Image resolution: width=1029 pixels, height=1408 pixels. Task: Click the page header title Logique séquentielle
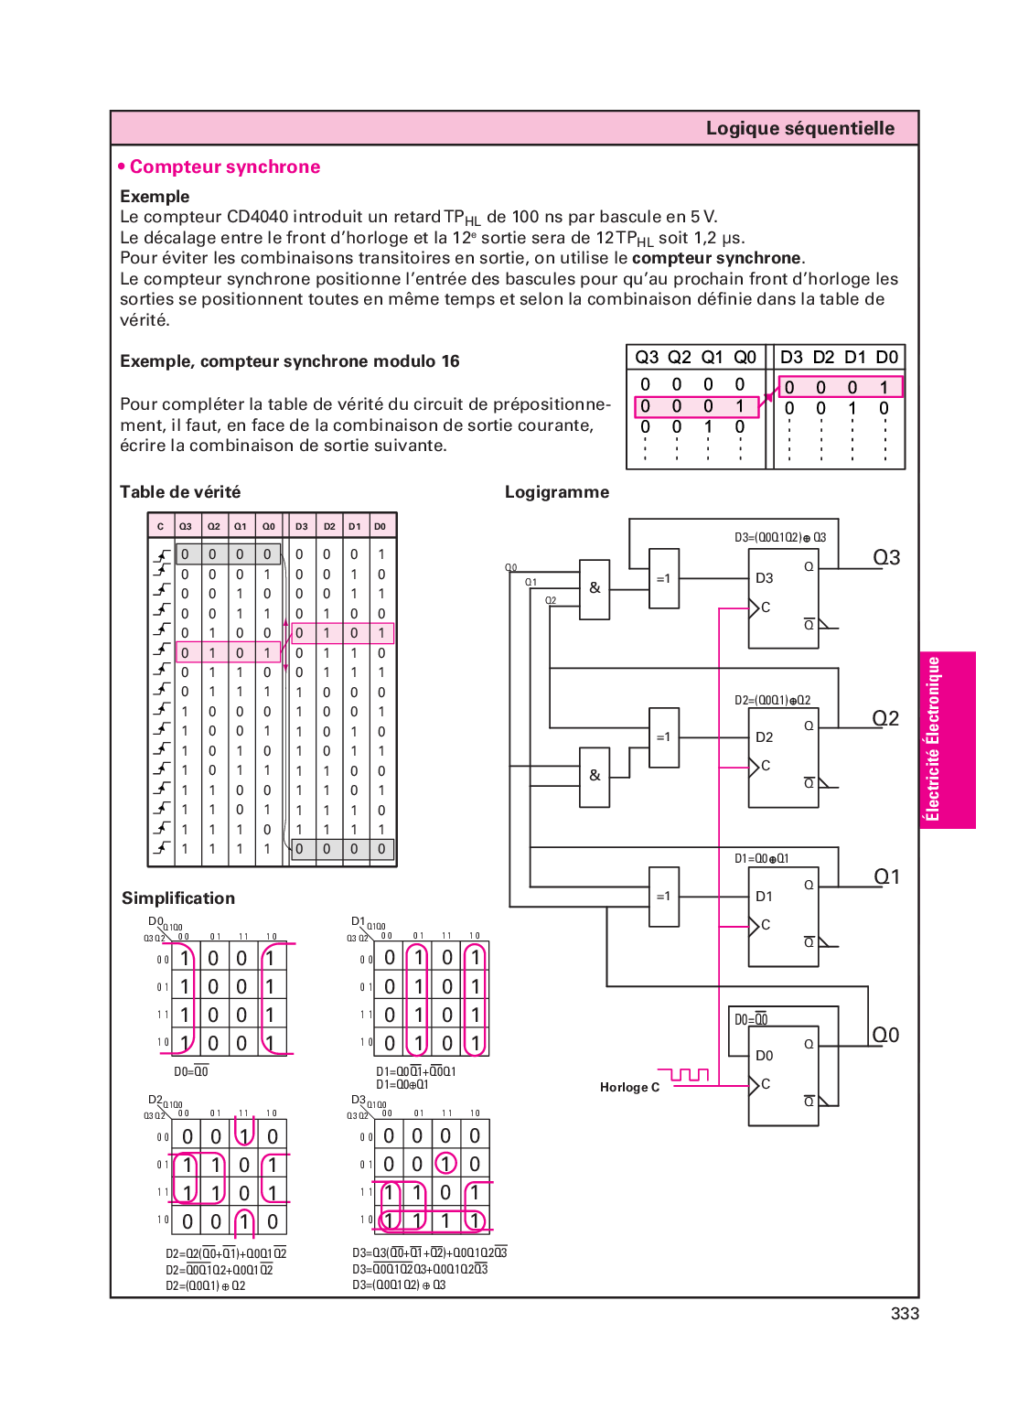pyautogui.click(x=799, y=128)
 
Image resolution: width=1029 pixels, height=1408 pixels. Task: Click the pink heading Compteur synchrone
pyautogui.click(x=224, y=167)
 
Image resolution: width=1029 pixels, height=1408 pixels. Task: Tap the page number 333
pyautogui.click(x=905, y=1314)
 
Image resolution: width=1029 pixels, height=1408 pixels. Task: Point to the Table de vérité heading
pyautogui.click(x=180, y=492)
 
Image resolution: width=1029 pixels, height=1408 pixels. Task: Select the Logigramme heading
pyautogui.click(x=556, y=492)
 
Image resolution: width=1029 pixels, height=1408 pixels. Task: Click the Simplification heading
pyautogui.click(x=178, y=898)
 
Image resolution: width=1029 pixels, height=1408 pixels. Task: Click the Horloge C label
pyautogui.click(x=629, y=1087)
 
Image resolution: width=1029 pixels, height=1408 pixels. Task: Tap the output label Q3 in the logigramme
pyautogui.click(x=886, y=557)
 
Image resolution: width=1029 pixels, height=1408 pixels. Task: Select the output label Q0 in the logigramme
pyautogui.click(x=885, y=1035)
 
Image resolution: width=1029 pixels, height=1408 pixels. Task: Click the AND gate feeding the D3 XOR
pyautogui.click(x=595, y=589)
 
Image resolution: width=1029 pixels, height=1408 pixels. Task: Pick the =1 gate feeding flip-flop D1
pyautogui.click(x=663, y=897)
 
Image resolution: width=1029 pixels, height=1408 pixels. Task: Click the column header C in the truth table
pyautogui.click(x=160, y=526)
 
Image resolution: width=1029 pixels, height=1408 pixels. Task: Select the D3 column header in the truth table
pyautogui.click(x=301, y=526)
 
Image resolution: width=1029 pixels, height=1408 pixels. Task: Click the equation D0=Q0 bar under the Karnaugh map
pyautogui.click(x=191, y=1071)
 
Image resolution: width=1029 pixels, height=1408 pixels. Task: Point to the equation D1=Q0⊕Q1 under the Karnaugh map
pyautogui.click(x=402, y=1084)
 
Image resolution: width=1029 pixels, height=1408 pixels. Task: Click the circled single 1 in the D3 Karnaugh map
pyautogui.click(x=445, y=1164)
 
